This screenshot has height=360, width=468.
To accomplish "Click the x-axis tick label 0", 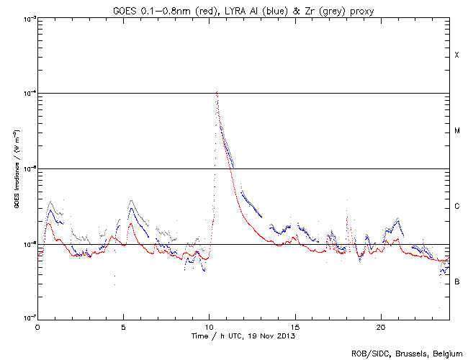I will click(37, 326).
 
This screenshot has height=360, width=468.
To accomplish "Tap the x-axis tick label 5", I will click(123, 326).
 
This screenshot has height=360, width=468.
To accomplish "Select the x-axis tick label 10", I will click(209, 326).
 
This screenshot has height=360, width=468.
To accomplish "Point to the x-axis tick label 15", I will click(294, 326).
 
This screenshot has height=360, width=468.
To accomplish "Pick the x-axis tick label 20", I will click(380, 326).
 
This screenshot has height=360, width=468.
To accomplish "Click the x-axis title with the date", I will click(243, 336).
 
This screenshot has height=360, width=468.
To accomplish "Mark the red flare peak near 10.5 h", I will click(217, 92).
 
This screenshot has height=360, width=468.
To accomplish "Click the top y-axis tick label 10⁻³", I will click(27, 18).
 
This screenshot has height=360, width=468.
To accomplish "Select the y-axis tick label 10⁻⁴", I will click(27, 93).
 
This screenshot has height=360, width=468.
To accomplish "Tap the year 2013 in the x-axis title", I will click(286, 336).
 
